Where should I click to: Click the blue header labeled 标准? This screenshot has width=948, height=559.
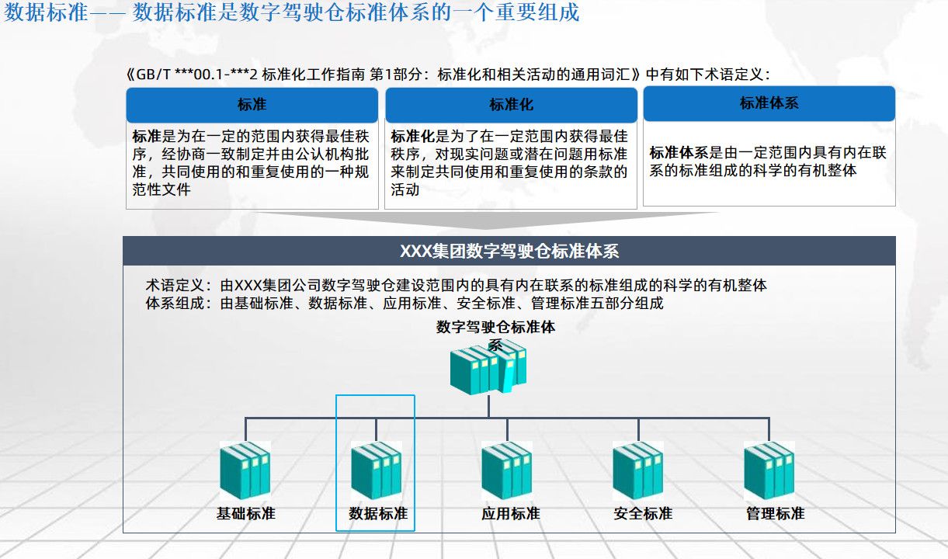point(252,105)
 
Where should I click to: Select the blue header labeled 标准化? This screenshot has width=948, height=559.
point(511,105)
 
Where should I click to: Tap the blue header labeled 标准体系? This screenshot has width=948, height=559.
point(769,103)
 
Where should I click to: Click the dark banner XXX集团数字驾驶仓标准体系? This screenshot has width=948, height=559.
point(509,252)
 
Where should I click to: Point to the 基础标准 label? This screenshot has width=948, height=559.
point(246,514)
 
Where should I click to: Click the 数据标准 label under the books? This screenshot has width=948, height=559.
point(378,514)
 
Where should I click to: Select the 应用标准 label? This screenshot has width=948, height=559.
point(510,514)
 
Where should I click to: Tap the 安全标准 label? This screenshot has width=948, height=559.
point(642,514)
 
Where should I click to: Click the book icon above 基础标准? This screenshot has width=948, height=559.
point(245,470)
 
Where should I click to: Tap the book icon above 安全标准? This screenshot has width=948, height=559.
point(637,470)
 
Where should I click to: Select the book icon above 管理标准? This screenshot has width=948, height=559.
point(769,470)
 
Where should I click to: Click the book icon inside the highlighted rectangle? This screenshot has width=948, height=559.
point(376,470)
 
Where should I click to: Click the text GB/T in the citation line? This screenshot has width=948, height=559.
point(153,75)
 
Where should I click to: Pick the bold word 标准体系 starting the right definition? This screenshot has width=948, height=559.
point(679,153)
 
